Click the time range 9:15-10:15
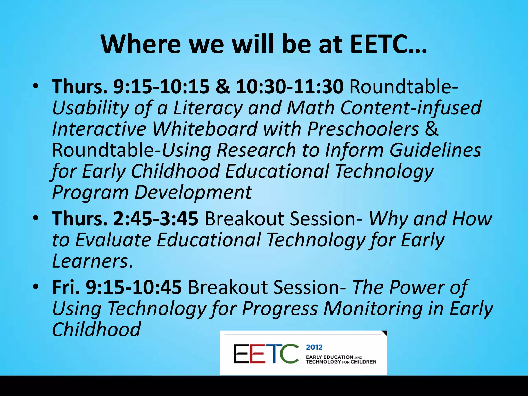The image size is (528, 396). (x=161, y=87)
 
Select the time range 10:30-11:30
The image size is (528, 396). (x=290, y=87)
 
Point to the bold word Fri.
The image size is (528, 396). (x=66, y=287)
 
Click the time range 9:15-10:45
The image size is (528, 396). (x=134, y=287)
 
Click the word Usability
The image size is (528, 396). (x=90, y=108)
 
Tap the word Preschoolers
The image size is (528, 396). (x=363, y=129)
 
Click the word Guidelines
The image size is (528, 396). (x=435, y=150)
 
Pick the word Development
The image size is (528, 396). (x=193, y=193)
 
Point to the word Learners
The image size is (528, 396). (x=90, y=261)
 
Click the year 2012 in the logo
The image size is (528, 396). (x=314, y=347)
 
